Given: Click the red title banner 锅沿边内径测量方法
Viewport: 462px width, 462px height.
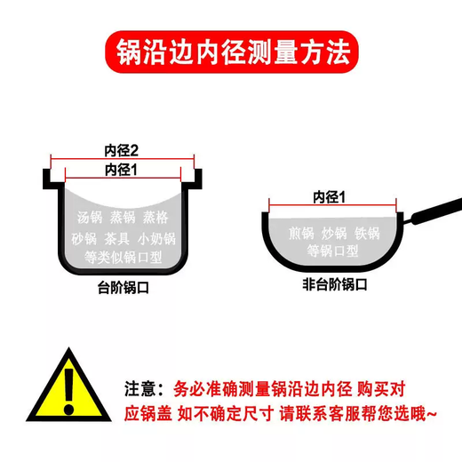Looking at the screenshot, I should [x=231, y=51].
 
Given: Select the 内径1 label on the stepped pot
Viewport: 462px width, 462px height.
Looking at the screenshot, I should [x=123, y=169].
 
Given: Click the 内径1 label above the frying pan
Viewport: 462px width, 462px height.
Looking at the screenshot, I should [x=329, y=195].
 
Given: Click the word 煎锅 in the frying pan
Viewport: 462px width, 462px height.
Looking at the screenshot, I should [x=300, y=234].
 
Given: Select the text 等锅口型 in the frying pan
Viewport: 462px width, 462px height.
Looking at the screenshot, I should [x=331, y=251].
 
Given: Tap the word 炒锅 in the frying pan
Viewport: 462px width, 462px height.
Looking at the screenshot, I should [x=332, y=234].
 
